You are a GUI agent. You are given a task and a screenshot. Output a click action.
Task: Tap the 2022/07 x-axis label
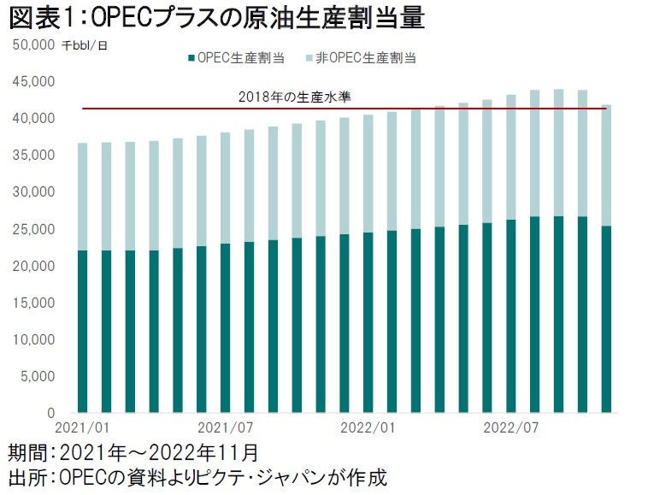[509, 426]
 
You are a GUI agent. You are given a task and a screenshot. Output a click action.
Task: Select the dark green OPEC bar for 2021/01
[83, 333]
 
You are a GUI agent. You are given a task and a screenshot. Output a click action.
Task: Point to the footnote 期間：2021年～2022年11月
[133, 451]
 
